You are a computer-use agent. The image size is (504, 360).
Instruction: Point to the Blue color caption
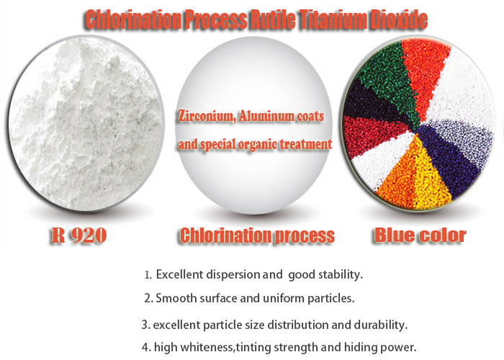click(x=420, y=235)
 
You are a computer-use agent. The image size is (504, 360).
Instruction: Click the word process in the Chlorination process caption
click(x=306, y=235)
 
